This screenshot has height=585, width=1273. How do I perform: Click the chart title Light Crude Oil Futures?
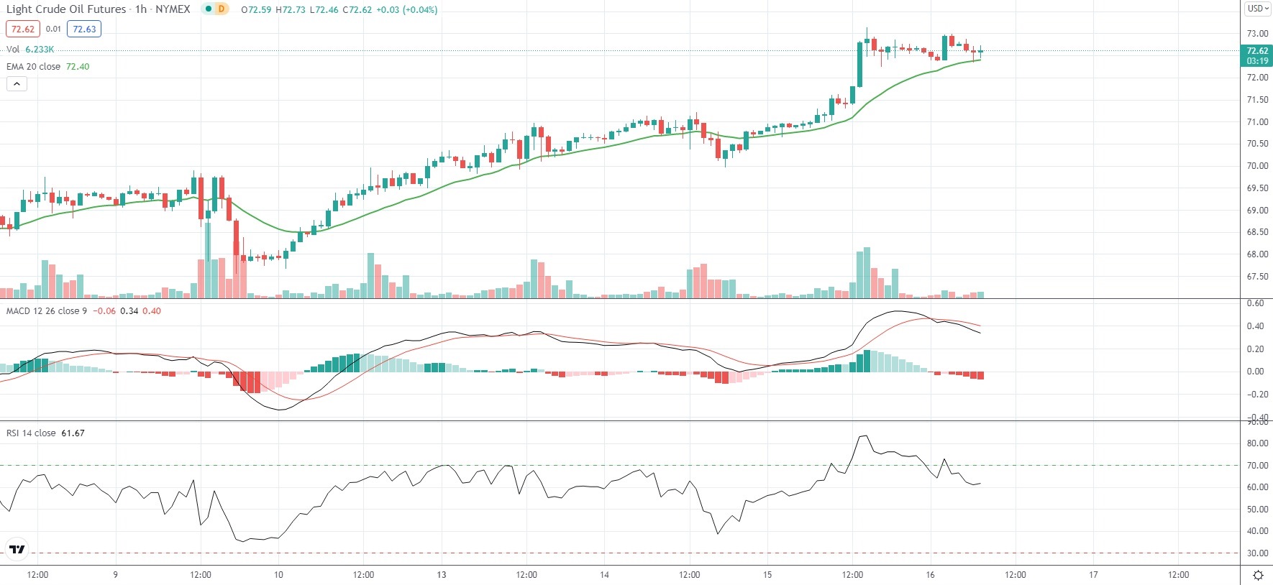click(x=65, y=9)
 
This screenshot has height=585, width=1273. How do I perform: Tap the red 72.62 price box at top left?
click(x=23, y=29)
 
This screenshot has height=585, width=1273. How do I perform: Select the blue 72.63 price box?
click(x=84, y=29)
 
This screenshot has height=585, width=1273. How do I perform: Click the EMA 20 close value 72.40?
click(x=78, y=66)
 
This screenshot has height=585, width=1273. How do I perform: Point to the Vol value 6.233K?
click(x=40, y=50)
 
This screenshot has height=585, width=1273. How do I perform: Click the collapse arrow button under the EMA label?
click(x=17, y=84)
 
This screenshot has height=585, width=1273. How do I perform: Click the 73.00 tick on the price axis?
click(x=1257, y=34)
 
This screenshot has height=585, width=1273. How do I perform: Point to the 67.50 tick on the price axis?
click(x=1257, y=277)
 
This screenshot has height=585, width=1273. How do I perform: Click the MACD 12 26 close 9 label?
click(x=47, y=311)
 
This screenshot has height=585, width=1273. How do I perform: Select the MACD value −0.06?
click(x=105, y=311)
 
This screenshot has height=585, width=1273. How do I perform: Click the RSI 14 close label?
click(x=31, y=433)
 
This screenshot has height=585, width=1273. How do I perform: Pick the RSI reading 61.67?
click(x=73, y=433)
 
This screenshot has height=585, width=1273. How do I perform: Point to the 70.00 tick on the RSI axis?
click(x=1257, y=466)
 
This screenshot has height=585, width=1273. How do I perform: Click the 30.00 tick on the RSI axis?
click(x=1257, y=553)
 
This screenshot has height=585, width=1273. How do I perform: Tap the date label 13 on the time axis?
click(x=442, y=575)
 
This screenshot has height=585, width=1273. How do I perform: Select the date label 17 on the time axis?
click(x=1093, y=575)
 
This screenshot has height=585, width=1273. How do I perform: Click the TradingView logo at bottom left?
click(x=17, y=550)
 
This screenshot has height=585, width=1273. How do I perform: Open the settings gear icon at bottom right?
click(x=1258, y=575)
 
